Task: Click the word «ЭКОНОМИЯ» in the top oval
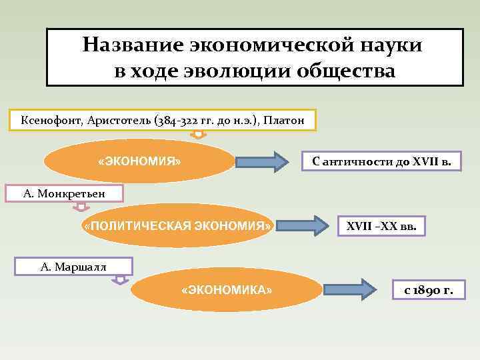click(x=139, y=161)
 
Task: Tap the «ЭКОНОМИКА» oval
click(x=227, y=291)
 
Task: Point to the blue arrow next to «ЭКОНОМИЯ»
click(x=261, y=162)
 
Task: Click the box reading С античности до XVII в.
click(x=381, y=161)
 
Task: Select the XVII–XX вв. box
click(x=381, y=227)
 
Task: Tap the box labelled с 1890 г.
click(x=428, y=290)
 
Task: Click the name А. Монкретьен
click(x=64, y=194)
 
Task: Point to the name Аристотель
click(x=116, y=121)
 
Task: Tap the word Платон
click(x=285, y=121)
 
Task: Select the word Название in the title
click(x=133, y=45)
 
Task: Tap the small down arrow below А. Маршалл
click(x=119, y=280)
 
